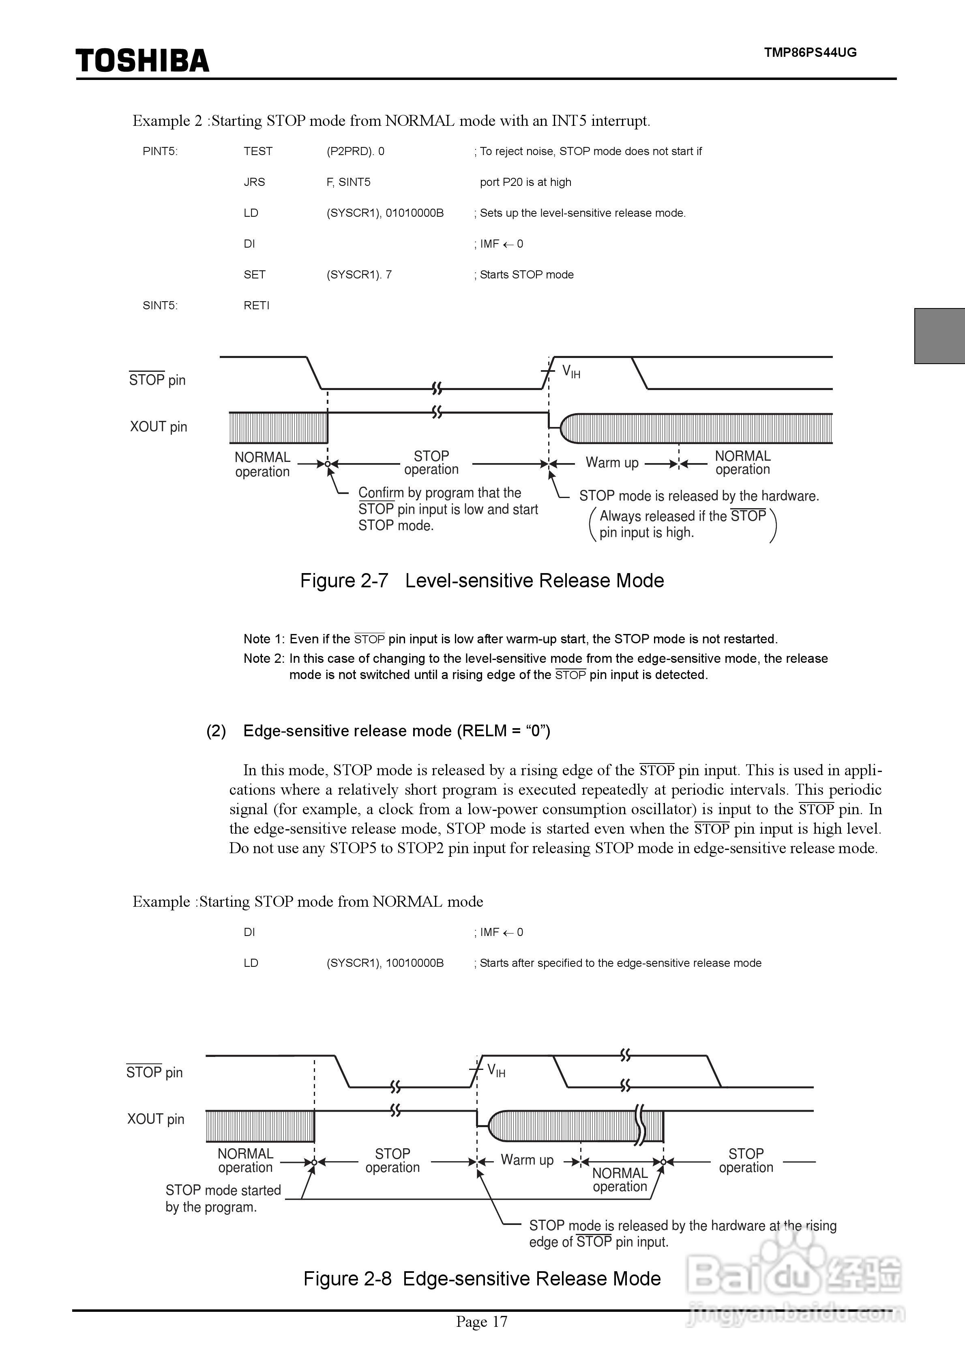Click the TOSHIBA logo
pyautogui.click(x=142, y=61)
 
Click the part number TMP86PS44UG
pyautogui.click(x=810, y=52)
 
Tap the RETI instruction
pyautogui.click(x=256, y=306)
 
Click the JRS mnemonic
pyautogui.click(x=254, y=182)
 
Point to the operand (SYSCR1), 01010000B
pyautogui.click(x=385, y=213)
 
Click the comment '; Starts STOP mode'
pyautogui.click(x=524, y=274)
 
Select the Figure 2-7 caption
pyautogui.click(x=482, y=580)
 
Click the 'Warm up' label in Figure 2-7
pyautogui.click(x=612, y=463)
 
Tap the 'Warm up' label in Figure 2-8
pyautogui.click(x=527, y=1160)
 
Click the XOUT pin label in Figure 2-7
pyautogui.click(x=158, y=427)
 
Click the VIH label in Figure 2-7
pyautogui.click(x=571, y=372)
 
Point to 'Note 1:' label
pyautogui.click(x=264, y=639)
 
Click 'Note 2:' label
pyautogui.click(x=264, y=658)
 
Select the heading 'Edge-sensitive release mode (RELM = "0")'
pyautogui.click(x=396, y=731)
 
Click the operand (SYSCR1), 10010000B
pyautogui.click(x=385, y=963)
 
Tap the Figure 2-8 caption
pyautogui.click(x=482, y=1279)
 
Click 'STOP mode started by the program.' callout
pyautogui.click(x=223, y=1199)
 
